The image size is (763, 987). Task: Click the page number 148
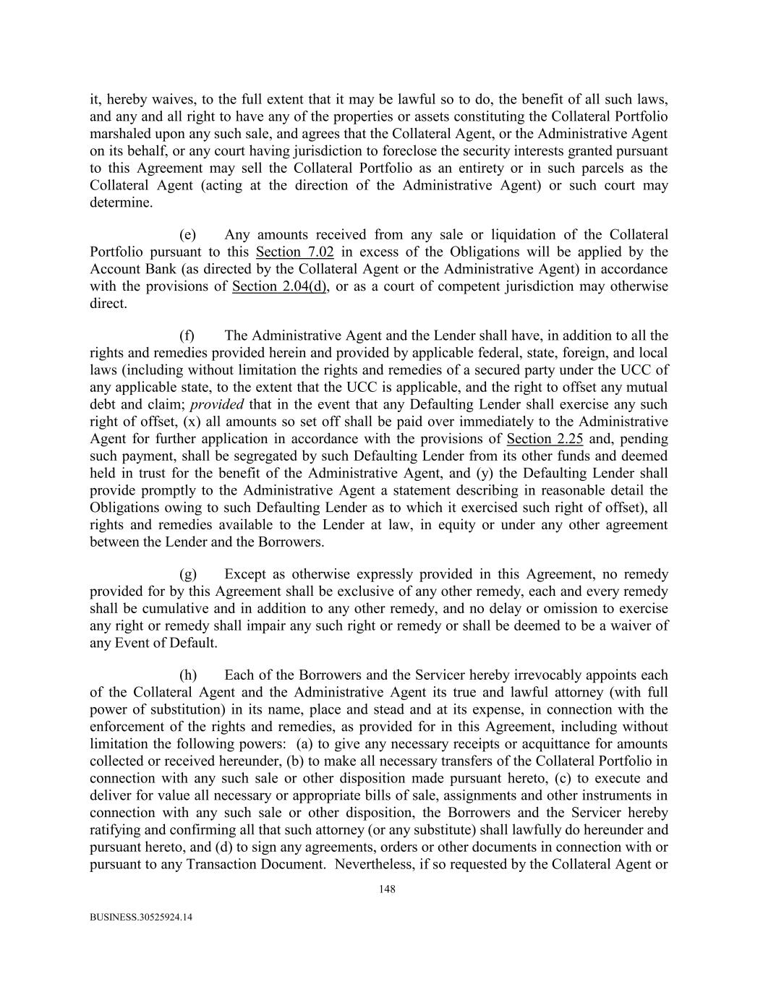387,889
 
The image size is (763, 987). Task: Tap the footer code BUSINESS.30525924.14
141,917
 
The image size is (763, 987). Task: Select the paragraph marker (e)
188,234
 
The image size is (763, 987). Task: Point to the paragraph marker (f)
187,336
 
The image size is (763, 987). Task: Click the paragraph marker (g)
188,574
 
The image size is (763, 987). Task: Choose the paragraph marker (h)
188,675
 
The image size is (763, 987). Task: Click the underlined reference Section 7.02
294,252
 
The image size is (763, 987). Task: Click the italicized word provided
216,404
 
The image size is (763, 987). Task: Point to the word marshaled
119,134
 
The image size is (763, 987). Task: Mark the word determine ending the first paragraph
121,202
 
